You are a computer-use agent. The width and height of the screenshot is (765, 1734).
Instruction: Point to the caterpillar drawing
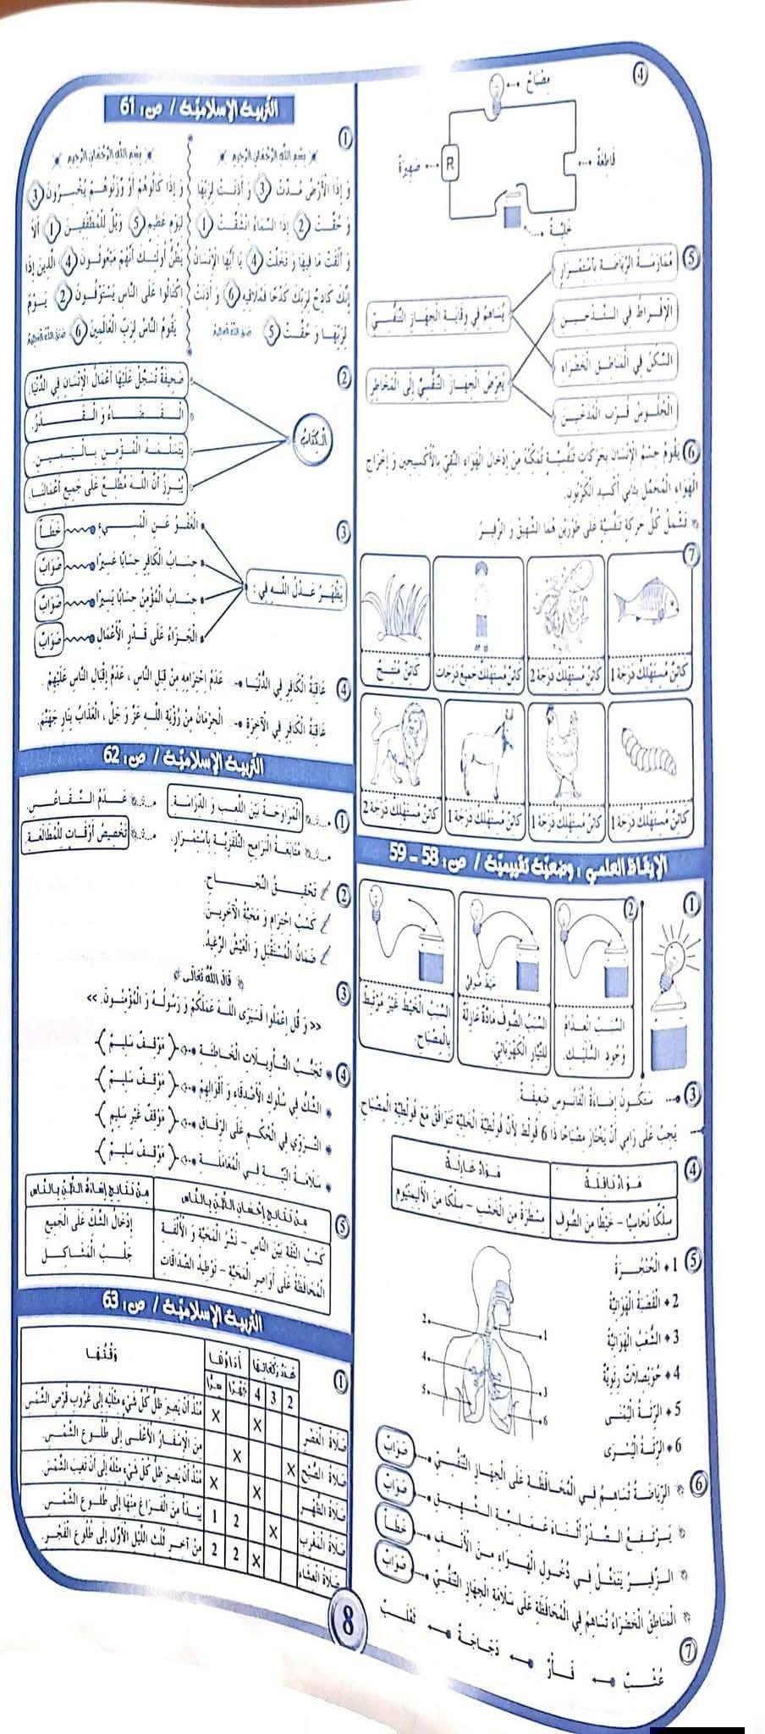649,752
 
